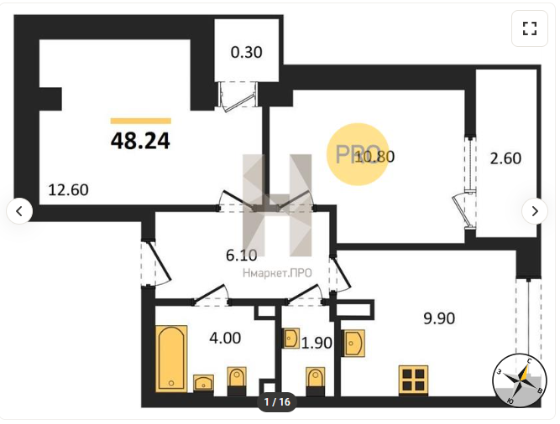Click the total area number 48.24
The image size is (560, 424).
pos(140,141)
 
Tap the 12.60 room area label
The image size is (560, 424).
pos(68,190)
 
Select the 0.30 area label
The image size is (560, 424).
pos(247,53)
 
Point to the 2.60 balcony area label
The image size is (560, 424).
pos(505,158)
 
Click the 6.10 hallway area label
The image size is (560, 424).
pos(242,255)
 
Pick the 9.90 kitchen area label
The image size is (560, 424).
pos(439,318)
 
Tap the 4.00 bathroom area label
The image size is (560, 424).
pos(225,338)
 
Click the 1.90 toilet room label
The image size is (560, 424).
pos(317,343)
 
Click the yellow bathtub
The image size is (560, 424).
pos(171,359)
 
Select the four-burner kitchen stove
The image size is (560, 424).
pos(414,380)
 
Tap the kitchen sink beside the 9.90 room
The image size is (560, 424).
pos(353,343)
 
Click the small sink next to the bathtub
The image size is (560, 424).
pos(203,383)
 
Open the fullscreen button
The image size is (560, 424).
pos(530,28)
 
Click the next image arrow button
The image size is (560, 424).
pos(535,211)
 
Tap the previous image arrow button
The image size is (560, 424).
pos(19,211)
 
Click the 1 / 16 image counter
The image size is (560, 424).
pos(277,402)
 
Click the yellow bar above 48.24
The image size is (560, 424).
pos(141,122)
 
